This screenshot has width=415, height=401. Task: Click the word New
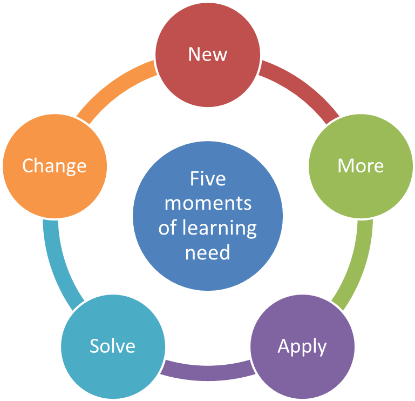pos(208,54)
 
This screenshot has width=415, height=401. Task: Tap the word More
pos(360,165)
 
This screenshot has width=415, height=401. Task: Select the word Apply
pos(302,346)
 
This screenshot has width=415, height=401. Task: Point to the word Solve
pos(112,346)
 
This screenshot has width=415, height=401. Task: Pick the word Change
pos(54,165)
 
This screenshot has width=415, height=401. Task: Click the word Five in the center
pos(208,179)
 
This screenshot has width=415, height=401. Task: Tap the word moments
pos(208,204)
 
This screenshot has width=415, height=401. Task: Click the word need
pos(208,252)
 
